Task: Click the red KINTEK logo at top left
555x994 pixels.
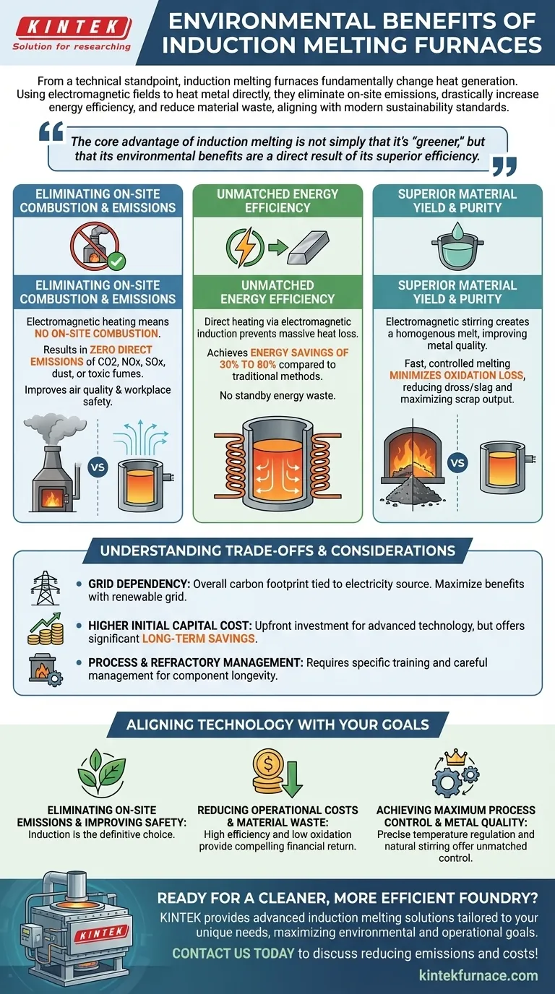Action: click(73, 27)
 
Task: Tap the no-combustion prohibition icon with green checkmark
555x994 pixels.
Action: click(98, 247)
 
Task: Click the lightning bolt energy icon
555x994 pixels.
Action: click(245, 247)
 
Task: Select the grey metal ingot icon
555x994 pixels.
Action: click(308, 248)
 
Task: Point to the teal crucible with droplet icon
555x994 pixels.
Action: click(457, 246)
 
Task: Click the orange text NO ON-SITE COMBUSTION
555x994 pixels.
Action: click(98, 334)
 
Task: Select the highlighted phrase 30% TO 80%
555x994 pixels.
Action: click(248, 365)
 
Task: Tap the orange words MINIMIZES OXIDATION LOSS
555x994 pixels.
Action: click(457, 376)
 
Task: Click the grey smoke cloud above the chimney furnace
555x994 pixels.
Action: click(54, 428)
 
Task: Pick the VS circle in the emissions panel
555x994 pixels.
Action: click(98, 467)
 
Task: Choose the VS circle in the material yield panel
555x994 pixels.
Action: click(457, 463)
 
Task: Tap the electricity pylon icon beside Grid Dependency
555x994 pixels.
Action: click(45, 587)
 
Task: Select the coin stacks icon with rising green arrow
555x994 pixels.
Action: click(46, 628)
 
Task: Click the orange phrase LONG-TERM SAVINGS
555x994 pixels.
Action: click(199, 639)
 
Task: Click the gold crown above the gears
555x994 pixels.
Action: click(456, 756)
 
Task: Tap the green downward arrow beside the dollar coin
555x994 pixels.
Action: click(292, 779)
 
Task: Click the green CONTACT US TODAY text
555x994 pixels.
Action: click(233, 953)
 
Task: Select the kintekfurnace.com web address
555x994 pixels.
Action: click(478, 975)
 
